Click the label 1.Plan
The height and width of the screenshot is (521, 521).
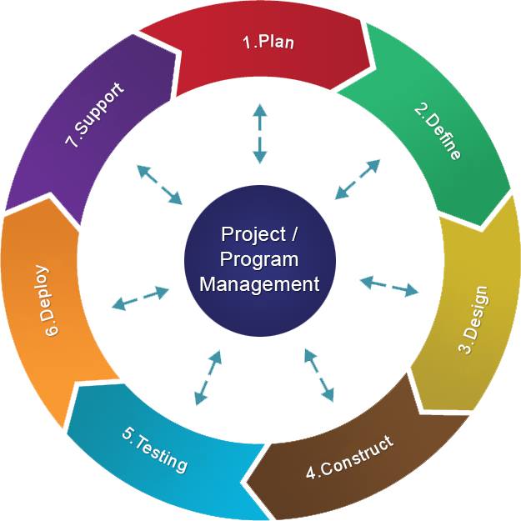pos(268,42)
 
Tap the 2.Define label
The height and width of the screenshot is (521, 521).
pos(438,132)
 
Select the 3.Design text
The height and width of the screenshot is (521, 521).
pos(473,319)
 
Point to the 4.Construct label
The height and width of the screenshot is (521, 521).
pos(349,457)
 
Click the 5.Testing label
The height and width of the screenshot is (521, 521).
pos(155,449)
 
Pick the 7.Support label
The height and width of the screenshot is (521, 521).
pos(95,115)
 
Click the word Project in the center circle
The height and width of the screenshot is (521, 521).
pos(253,234)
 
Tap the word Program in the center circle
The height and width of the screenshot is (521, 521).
pos(259,259)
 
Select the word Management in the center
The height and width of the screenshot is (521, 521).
pos(259,284)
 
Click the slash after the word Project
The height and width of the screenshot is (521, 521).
pos(293,233)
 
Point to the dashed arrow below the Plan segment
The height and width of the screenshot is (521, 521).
pos(260,133)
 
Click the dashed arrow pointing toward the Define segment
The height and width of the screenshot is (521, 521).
pos(358,179)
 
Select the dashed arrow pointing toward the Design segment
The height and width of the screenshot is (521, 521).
pos(389,286)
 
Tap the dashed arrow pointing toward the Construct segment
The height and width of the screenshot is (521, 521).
pos(319,375)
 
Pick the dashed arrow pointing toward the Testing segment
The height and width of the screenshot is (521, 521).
pos(208,378)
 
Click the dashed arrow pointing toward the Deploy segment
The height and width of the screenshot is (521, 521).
pos(141,298)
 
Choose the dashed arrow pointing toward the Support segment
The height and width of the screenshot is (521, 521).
pos(159,184)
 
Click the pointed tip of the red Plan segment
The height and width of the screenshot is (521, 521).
pos(376,68)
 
